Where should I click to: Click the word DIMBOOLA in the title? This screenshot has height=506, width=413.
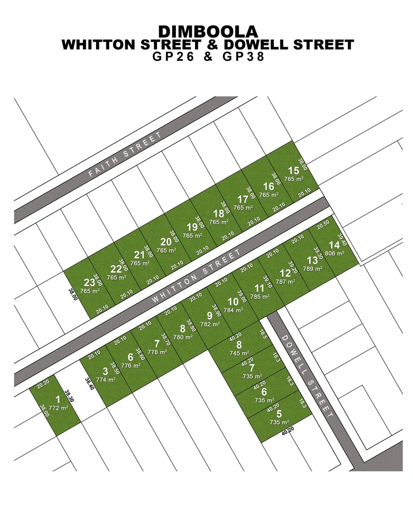click(x=208, y=31)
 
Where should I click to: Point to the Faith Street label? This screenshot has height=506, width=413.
click(x=125, y=155)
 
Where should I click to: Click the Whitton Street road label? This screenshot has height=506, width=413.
click(x=196, y=276)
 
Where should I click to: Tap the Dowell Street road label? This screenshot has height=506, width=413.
click(x=307, y=377)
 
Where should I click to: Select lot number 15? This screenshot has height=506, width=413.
click(x=293, y=171)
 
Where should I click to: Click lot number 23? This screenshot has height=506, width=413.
click(x=89, y=283)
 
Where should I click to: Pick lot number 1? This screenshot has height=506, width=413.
click(x=58, y=400)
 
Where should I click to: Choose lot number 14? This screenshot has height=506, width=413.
click(x=334, y=245)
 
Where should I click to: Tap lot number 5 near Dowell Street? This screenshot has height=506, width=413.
click(x=279, y=414)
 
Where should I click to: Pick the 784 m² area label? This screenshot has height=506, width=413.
click(x=233, y=310)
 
